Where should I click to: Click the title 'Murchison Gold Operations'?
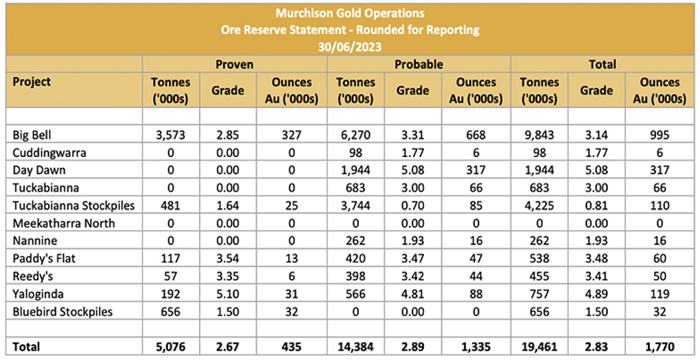[x=350, y=13]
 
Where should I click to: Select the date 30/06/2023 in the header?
[x=350, y=47]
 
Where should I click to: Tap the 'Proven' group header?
[x=234, y=64]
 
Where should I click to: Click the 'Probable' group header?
[x=418, y=64]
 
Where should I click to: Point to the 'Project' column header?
[x=31, y=82]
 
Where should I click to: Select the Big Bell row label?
[x=31, y=135]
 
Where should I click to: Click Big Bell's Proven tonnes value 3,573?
[x=171, y=135]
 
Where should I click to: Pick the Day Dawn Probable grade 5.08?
[x=413, y=170]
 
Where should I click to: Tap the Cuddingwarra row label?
[x=49, y=153]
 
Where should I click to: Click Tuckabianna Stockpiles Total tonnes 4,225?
[x=539, y=206]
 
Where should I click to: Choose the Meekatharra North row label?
[x=64, y=224]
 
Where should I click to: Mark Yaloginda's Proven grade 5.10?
[x=228, y=294]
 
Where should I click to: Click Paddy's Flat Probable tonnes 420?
[x=356, y=258]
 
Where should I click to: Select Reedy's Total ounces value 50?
[x=660, y=276]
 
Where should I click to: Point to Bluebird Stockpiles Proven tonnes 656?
[x=171, y=312]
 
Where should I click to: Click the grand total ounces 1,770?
[x=660, y=347]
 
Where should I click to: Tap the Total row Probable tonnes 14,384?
[x=356, y=347]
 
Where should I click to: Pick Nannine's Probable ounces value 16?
[x=476, y=240]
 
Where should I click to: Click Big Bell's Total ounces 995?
[x=660, y=135]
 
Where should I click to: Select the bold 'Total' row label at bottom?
[x=26, y=347]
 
